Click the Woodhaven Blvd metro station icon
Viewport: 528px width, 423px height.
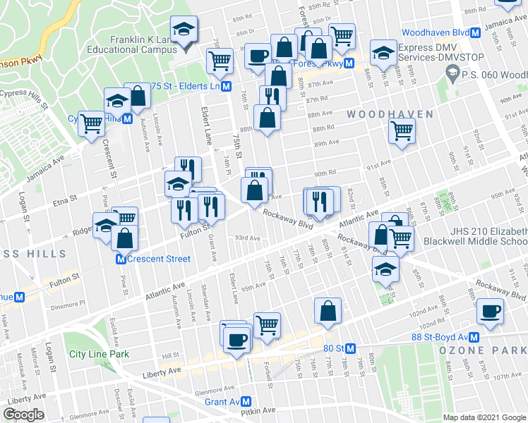pos(476,33)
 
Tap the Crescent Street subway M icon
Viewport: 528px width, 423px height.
pos(121,259)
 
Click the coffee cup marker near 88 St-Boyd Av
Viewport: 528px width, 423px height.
pos(490,311)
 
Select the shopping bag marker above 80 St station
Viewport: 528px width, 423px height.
pos(328,310)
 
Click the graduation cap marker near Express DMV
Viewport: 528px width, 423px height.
pos(383,52)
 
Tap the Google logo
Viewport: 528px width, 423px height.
pos(24,415)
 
